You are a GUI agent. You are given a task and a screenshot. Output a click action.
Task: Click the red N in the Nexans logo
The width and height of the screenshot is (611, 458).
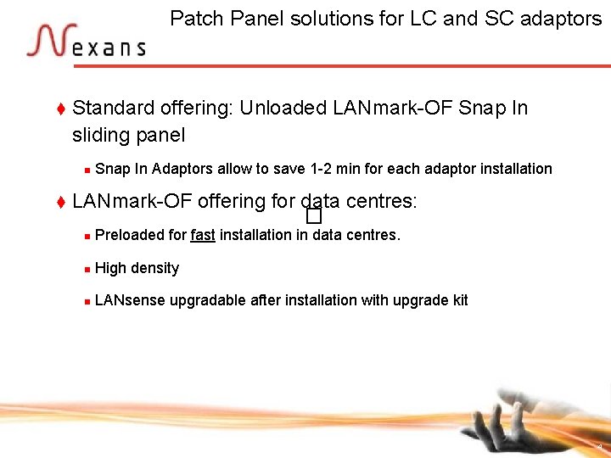[x=47, y=41]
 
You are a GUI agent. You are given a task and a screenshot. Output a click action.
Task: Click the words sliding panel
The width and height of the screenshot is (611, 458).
[x=129, y=135]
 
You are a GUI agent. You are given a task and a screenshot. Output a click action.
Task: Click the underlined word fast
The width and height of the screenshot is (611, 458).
[x=203, y=235]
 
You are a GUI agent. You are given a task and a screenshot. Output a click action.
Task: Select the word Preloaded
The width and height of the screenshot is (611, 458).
[x=130, y=235]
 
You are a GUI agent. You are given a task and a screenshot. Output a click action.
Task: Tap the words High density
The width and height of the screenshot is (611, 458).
[x=137, y=268]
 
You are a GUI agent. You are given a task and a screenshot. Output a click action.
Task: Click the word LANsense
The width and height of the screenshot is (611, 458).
[x=130, y=300]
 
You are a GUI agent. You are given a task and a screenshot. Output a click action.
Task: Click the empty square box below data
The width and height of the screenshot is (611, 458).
[x=314, y=220]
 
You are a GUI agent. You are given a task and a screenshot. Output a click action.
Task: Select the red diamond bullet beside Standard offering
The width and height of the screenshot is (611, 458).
[x=60, y=109]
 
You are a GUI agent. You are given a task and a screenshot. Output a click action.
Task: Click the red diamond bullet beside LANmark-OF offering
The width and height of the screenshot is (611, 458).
[x=60, y=202]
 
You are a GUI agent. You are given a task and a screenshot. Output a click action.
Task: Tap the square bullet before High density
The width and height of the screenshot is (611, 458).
[x=87, y=269]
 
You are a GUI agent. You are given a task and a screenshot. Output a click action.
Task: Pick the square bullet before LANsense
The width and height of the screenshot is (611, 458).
[x=87, y=301]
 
